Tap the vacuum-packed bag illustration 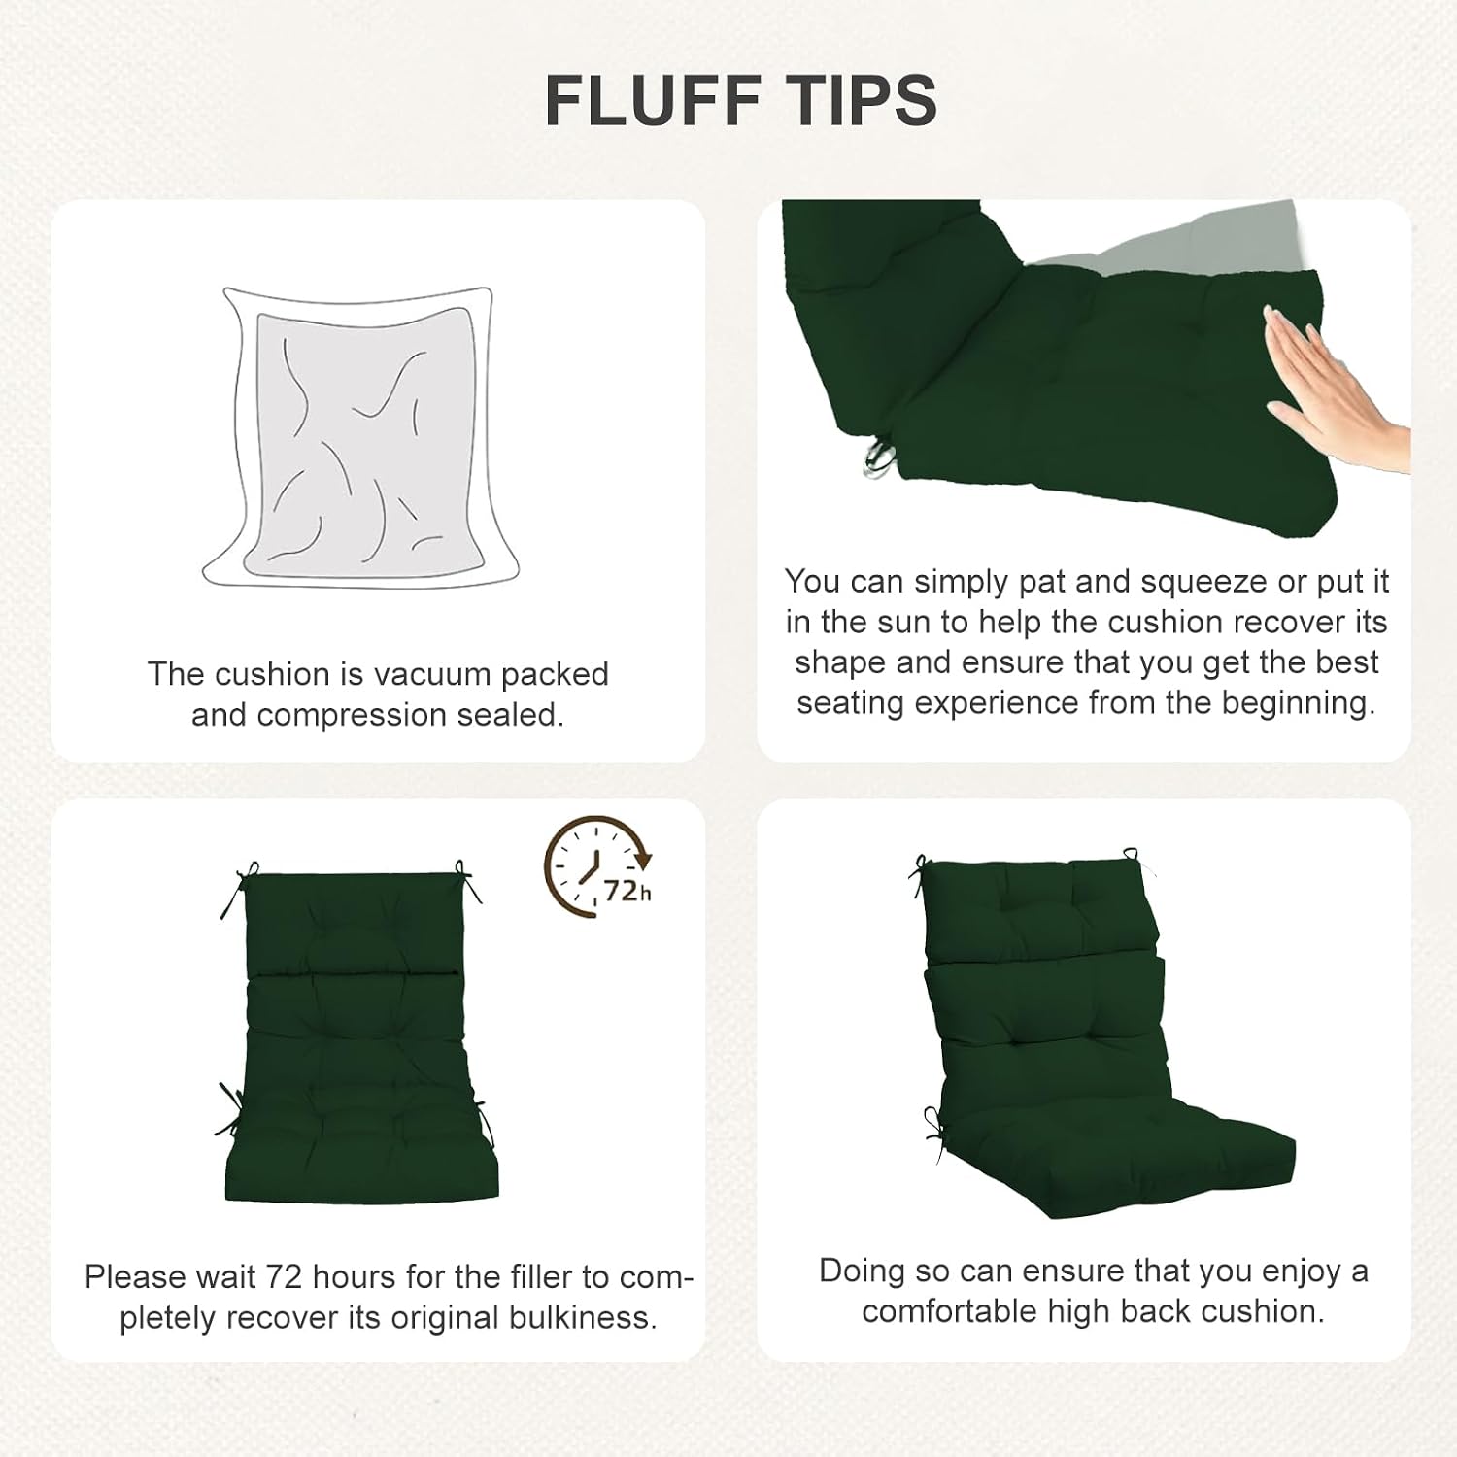click(360, 437)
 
